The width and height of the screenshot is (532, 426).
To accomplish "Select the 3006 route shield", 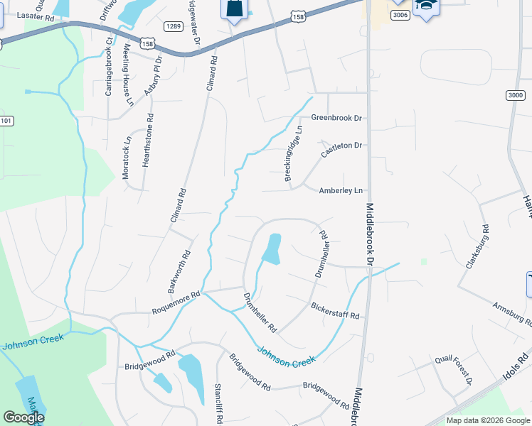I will click(x=400, y=15).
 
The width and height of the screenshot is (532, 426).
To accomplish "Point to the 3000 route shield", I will click(x=516, y=95).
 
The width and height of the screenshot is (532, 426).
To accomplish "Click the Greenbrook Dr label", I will click(x=337, y=118).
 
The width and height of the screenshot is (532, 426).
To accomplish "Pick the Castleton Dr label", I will click(x=341, y=146).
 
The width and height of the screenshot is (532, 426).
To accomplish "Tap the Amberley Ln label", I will click(x=341, y=190).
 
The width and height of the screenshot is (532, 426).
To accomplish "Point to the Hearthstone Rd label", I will click(x=147, y=141).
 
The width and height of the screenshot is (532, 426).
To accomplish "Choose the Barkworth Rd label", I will click(x=179, y=271).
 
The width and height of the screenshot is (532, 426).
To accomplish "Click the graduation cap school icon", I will click(x=426, y=6).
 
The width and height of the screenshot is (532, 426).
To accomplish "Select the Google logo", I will click(x=23, y=417).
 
